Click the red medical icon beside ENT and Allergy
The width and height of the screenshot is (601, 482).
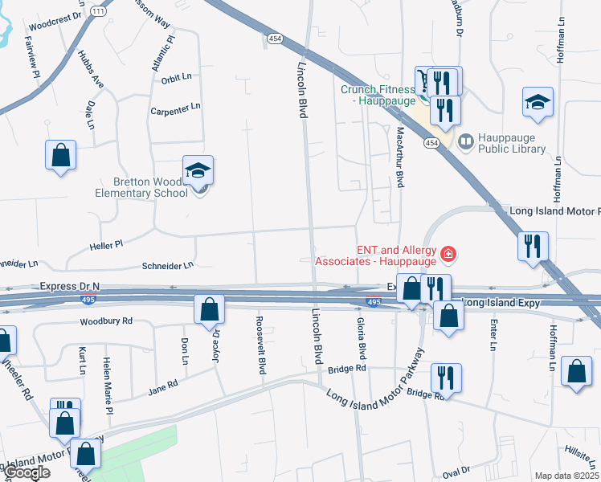coord(448,256)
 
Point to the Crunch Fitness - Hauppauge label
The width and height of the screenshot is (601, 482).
coord(378,95)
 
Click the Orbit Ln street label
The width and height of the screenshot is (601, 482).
coord(176,79)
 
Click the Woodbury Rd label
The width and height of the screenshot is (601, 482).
coord(106,322)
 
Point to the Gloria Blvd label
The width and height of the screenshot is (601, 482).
coord(362,337)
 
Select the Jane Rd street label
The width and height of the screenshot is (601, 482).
coord(161,390)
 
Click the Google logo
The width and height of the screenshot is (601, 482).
coord(26,472)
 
